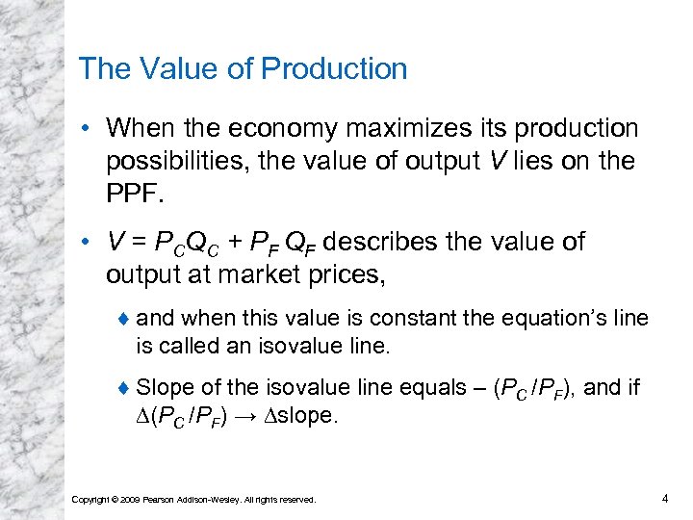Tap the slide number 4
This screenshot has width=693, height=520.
664,498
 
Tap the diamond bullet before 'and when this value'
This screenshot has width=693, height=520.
124,319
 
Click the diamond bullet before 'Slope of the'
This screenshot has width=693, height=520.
124,388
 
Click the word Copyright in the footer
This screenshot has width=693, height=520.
91,499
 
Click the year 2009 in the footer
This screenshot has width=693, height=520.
132,499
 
